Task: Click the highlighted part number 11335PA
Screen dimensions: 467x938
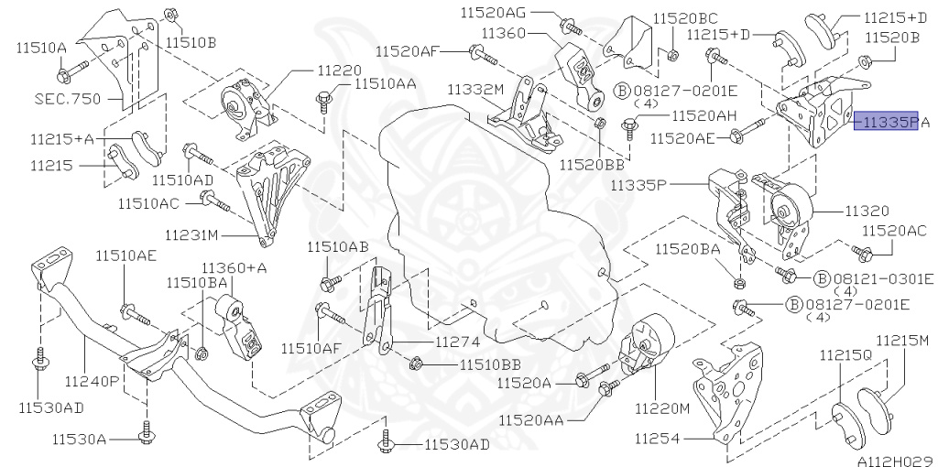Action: click(886, 121)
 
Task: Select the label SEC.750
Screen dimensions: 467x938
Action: click(66, 97)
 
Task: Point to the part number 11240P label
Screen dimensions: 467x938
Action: click(93, 377)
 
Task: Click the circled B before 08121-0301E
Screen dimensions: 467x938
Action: click(822, 277)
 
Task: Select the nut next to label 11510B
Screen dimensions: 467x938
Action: click(170, 15)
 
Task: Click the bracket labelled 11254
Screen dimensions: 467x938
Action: click(726, 392)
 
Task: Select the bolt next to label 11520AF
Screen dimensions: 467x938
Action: click(483, 55)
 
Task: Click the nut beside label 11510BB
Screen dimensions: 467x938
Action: click(418, 364)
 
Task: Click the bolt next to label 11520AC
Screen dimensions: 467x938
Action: click(859, 250)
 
